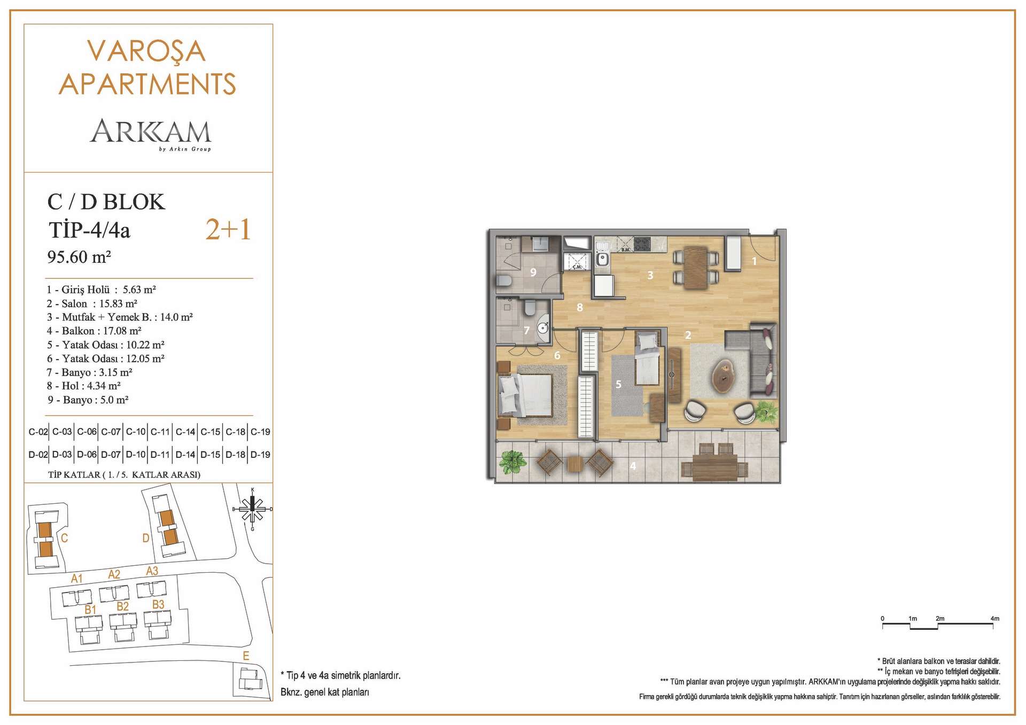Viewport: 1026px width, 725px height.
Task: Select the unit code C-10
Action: point(136,432)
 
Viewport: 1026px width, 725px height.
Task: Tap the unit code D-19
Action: point(260,455)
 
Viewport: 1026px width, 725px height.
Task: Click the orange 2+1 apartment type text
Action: point(228,230)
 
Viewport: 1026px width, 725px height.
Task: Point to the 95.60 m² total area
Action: point(79,257)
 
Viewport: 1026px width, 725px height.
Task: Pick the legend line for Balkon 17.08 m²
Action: point(94,331)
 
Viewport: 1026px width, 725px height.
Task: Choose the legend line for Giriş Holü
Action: point(101,290)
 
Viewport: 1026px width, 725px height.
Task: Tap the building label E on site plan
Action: point(246,656)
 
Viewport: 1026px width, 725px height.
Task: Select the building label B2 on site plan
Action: point(122,606)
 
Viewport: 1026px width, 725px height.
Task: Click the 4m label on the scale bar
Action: point(994,619)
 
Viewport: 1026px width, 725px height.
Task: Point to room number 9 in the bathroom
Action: point(533,272)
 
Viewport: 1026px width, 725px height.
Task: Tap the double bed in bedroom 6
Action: point(525,395)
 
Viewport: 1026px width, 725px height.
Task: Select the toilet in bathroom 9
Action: point(504,280)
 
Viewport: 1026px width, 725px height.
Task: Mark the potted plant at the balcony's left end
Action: point(512,462)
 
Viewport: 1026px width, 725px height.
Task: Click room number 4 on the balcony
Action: point(633,466)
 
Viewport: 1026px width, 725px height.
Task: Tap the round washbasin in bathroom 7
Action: point(542,328)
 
